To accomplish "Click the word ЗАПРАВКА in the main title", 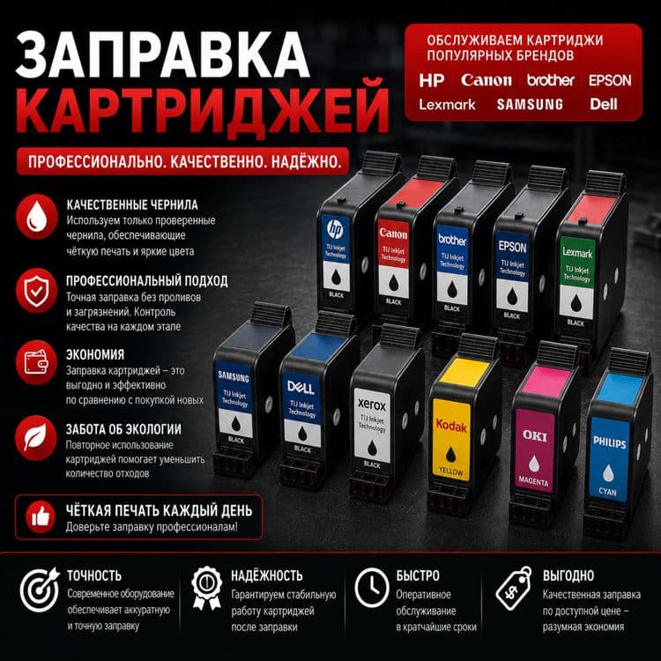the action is pos(163,54).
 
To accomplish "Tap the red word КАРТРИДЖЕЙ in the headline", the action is pos(203,109).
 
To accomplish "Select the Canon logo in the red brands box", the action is pos(486,80).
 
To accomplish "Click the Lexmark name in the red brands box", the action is pos(447,104).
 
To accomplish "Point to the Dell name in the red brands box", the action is pos(604,104).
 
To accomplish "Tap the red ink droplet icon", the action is pos(37,216).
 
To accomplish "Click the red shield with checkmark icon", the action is pos(37,291).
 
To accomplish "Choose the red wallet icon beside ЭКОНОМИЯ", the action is pos(37,362).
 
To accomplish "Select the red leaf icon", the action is pos(36,437).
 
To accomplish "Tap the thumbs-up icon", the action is pos(41,517).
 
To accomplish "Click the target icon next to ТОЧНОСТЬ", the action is pos(40,590).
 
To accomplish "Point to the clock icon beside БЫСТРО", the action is pos(371,587).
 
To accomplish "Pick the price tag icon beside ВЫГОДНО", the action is pos(514,589).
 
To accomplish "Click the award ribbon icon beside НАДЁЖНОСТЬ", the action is pos(206,588).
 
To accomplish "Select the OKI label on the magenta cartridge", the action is pos(535,435).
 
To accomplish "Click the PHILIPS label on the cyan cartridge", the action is pos(610,442).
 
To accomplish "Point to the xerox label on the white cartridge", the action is pos(372,405).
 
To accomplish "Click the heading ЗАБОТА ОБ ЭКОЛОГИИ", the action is pos(123,429).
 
